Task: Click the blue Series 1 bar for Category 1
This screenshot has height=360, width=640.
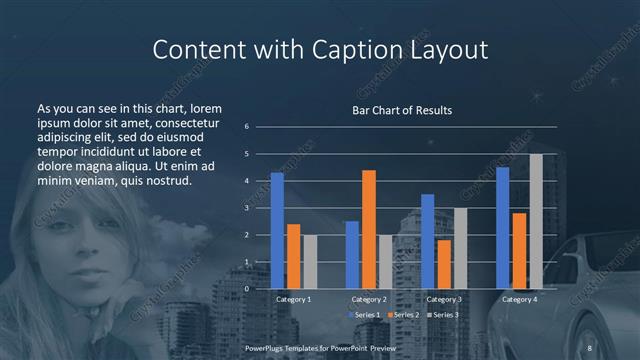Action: tap(277, 230)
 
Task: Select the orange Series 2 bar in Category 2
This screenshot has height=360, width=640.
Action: tap(369, 229)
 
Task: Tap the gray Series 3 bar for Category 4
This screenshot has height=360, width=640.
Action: tap(536, 221)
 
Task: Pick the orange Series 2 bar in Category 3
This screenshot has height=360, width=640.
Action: tap(444, 264)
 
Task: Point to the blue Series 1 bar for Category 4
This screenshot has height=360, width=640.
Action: tap(503, 228)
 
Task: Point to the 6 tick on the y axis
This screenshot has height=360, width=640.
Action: tap(246, 127)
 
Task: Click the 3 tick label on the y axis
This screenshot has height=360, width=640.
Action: tap(246, 208)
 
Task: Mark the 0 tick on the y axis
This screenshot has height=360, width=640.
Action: tap(246, 289)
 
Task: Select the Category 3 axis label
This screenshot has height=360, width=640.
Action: tap(444, 299)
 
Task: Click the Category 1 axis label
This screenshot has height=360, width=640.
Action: tap(293, 299)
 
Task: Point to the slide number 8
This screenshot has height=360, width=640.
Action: tap(590, 347)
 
